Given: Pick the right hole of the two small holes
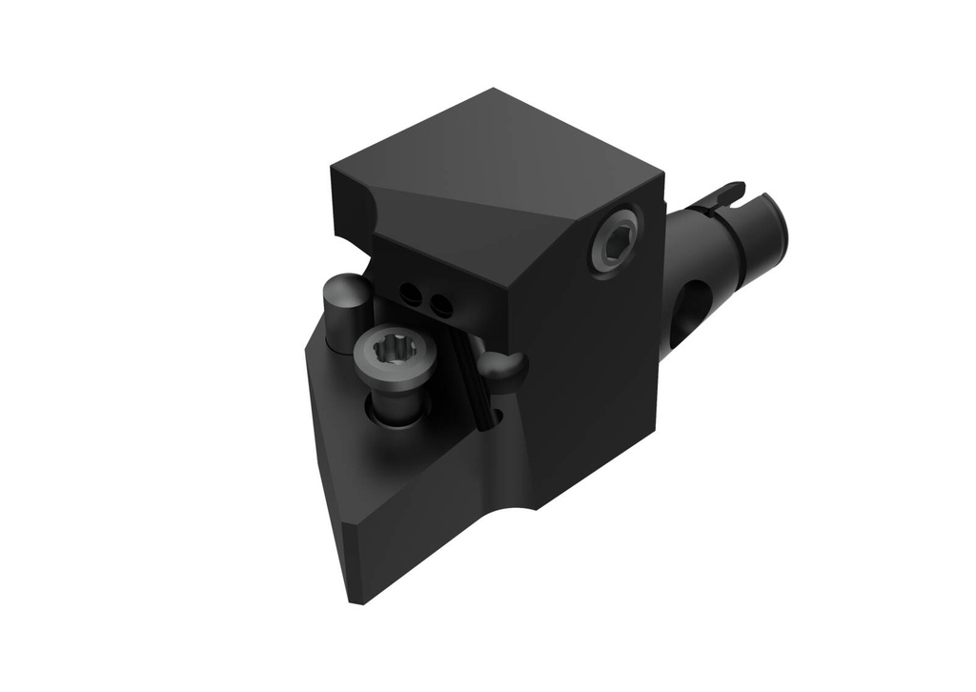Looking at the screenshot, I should tap(440, 305).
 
